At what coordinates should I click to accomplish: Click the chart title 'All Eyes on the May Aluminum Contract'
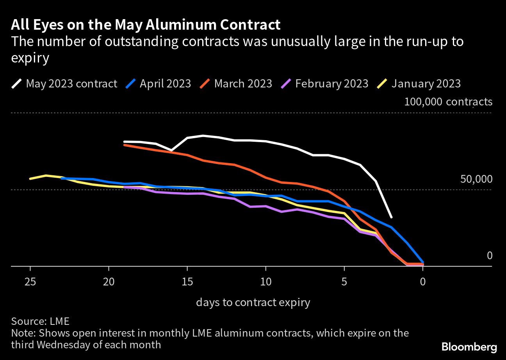point(146,25)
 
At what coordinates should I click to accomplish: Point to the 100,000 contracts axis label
point(448,102)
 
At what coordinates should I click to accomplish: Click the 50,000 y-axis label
point(476,179)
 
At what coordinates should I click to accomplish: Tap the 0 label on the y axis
point(490,256)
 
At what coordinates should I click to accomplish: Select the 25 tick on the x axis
point(30,282)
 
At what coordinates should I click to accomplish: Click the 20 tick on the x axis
point(109,282)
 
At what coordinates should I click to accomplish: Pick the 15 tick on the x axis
point(187,282)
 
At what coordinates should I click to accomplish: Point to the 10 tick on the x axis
point(265,282)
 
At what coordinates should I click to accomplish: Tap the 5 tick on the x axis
point(344,282)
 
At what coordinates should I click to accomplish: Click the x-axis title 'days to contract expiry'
point(253,302)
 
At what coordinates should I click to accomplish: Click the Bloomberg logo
point(469,346)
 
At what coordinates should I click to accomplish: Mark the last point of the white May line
point(391,217)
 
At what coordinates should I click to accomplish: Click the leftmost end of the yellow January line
point(30,179)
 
